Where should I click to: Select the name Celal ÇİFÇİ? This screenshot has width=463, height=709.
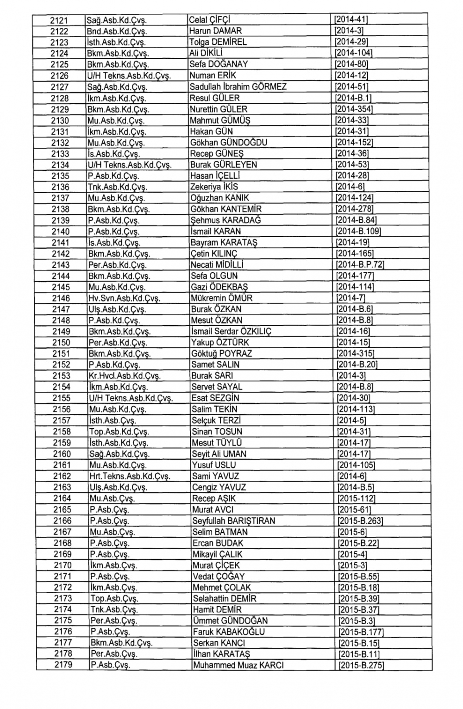click(x=210, y=20)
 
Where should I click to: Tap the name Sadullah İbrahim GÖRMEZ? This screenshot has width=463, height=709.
click(x=238, y=87)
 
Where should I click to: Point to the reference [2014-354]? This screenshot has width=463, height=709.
click(x=354, y=109)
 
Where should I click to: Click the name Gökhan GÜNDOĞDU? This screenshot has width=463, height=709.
click(x=229, y=142)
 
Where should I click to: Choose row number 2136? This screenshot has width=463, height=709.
click(x=60, y=187)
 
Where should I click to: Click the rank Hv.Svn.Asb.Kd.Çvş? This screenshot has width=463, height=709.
click(x=124, y=298)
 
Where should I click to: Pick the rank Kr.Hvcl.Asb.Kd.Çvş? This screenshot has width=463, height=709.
click(x=122, y=376)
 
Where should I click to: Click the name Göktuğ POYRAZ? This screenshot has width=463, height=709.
click(x=222, y=353)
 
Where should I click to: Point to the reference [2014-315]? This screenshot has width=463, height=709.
click(x=356, y=353)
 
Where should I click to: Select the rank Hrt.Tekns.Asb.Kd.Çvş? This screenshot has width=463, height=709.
click(x=130, y=476)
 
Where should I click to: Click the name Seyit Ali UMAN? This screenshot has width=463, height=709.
click(x=219, y=454)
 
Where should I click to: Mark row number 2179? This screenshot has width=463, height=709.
click(x=63, y=665)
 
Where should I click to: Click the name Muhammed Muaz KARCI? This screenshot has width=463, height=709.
click(x=238, y=665)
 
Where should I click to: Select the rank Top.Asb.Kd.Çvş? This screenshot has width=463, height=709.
click(x=119, y=432)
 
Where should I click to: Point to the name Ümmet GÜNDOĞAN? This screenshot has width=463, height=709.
click(x=230, y=621)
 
